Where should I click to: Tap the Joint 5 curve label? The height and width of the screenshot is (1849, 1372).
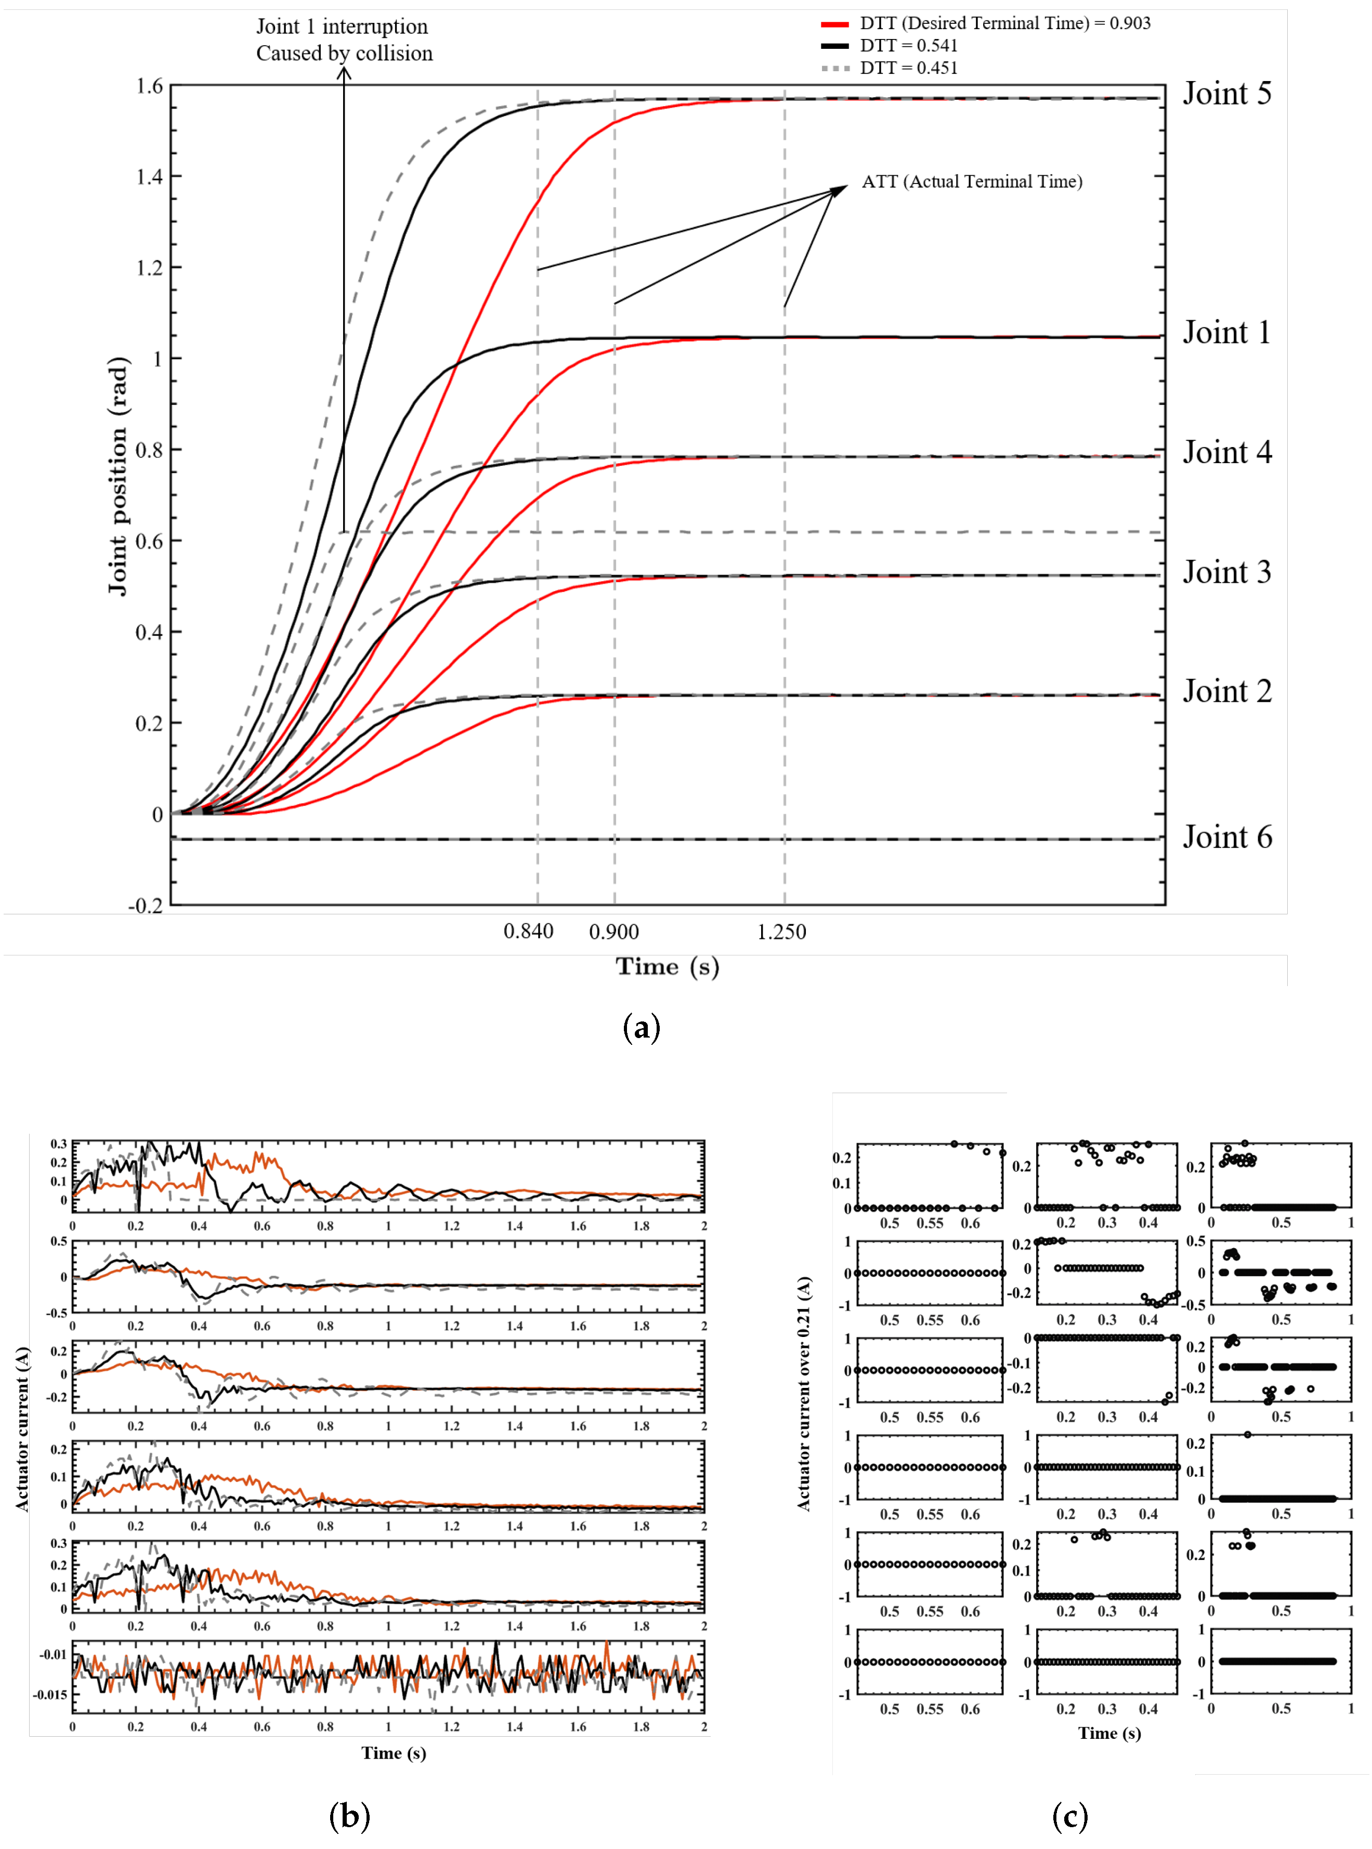pyautogui.click(x=1226, y=94)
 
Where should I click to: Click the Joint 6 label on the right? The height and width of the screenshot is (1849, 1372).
pyautogui.click(x=1226, y=837)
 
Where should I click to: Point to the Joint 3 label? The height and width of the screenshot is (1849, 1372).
pyautogui.click(x=1226, y=572)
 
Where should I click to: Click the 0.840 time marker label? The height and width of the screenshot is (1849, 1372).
pyautogui.click(x=528, y=932)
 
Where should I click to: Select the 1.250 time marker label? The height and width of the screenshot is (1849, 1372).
pyautogui.click(x=781, y=932)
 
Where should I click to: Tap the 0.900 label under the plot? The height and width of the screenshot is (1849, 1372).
pyautogui.click(x=614, y=932)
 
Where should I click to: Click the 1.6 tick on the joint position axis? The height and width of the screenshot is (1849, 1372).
pyautogui.click(x=150, y=86)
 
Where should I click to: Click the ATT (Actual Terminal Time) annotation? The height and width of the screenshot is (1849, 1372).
pyautogui.click(x=972, y=182)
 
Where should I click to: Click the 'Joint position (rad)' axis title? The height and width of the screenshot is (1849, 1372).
pyautogui.click(x=118, y=476)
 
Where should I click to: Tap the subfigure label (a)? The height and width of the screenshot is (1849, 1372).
pyautogui.click(x=641, y=1028)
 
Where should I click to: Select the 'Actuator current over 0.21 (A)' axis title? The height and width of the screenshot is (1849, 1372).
pyautogui.click(x=803, y=1395)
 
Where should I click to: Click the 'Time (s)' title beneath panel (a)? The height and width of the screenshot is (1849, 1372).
pyautogui.click(x=667, y=966)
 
